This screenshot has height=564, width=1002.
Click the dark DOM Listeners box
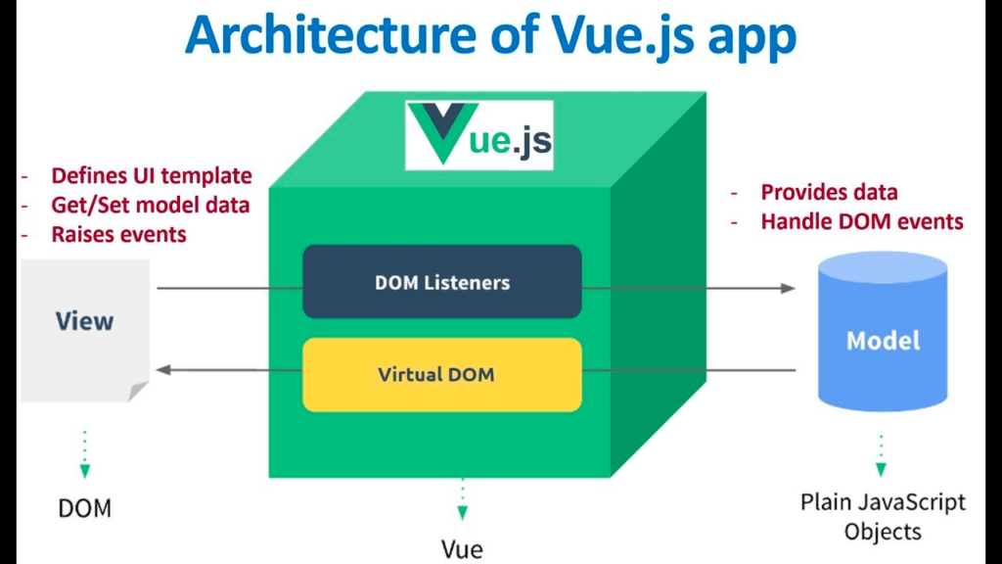click(442, 282)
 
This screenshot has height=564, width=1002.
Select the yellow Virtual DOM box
click(442, 374)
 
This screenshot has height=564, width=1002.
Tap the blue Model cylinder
click(883, 333)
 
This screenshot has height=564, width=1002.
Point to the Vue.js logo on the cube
click(479, 135)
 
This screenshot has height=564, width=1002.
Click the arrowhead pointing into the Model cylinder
click(789, 288)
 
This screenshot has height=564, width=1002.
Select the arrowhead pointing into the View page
click(163, 369)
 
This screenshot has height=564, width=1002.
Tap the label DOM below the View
click(84, 508)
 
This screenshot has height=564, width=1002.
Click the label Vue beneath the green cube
click(462, 548)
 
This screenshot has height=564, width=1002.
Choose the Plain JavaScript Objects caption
click(883, 517)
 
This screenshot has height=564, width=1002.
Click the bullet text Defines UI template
click(151, 176)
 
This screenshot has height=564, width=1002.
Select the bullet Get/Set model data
click(150, 206)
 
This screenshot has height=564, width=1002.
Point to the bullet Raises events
click(118, 235)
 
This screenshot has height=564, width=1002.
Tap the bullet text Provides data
click(829, 192)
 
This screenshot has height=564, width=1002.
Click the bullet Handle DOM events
click(861, 221)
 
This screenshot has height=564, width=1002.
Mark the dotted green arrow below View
click(84, 455)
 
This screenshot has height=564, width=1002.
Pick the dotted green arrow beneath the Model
click(881, 455)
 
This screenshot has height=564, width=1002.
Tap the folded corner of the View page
click(138, 391)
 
